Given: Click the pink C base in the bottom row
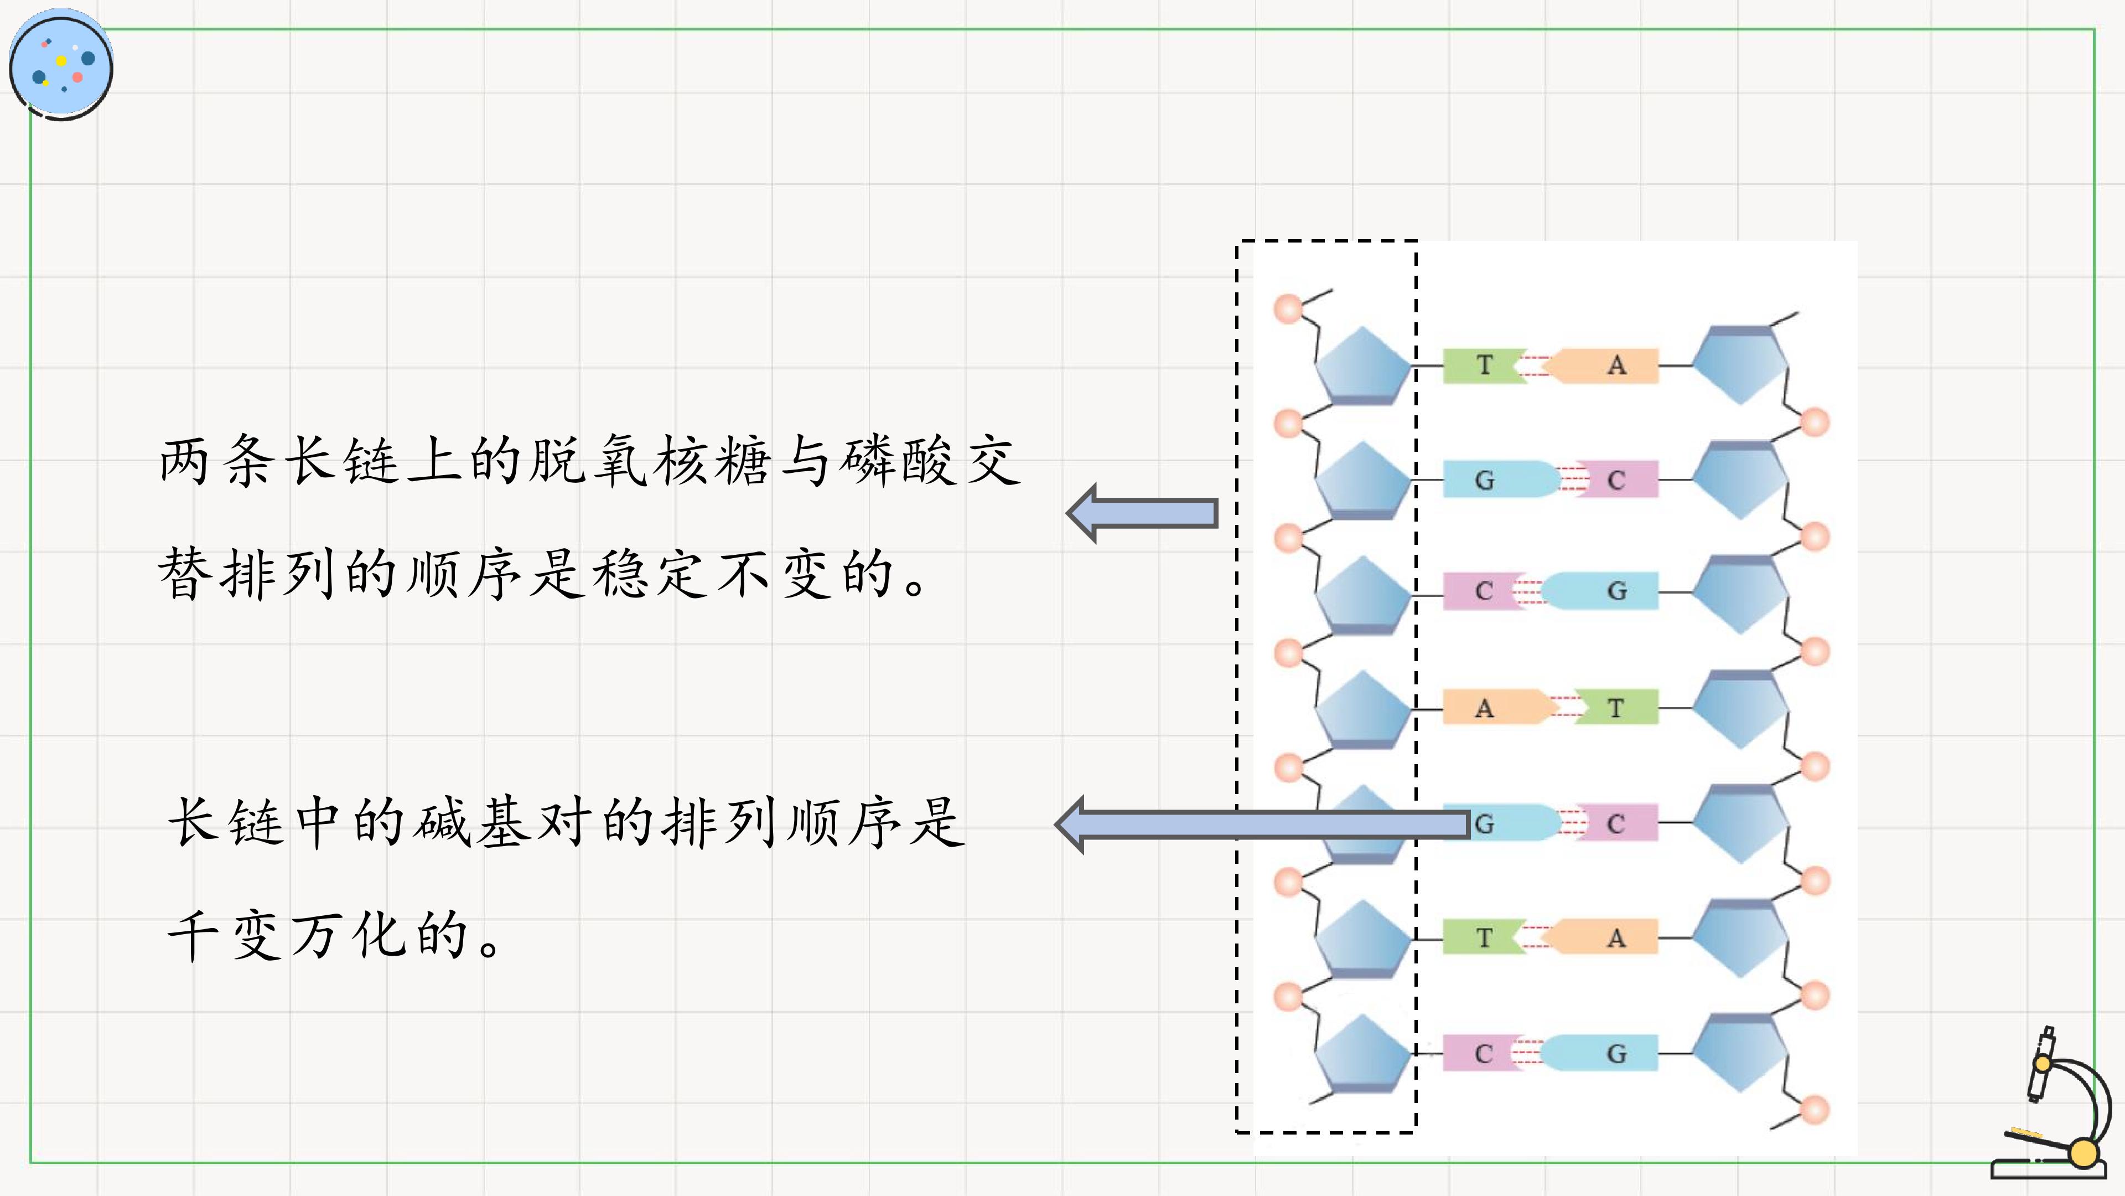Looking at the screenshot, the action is coord(1483,1053).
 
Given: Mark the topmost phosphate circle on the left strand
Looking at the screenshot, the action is coord(1288,309).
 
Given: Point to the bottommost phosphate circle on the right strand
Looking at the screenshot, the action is coord(1814,1109).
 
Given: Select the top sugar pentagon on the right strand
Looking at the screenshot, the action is coord(1740,365).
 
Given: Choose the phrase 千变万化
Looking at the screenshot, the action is coord(287,935).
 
